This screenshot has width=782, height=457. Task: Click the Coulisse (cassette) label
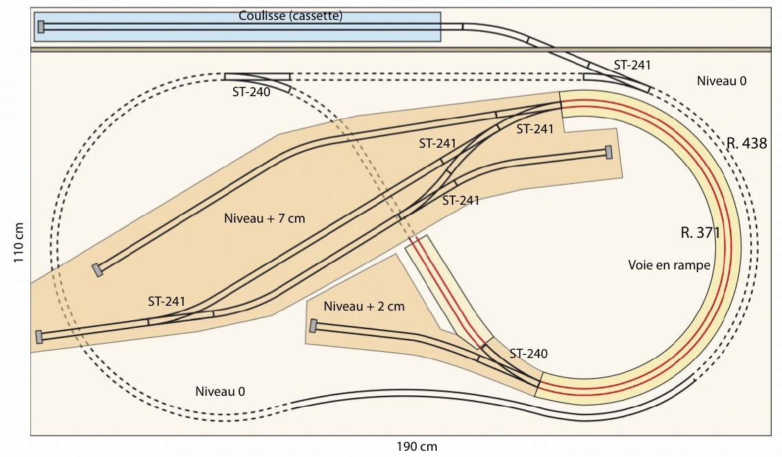[x=290, y=16]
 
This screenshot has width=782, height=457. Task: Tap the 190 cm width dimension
[x=416, y=447]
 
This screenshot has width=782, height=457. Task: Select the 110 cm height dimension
[x=19, y=243]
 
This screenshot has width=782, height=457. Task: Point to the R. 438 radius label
[x=746, y=144]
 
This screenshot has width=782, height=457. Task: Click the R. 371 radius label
[x=700, y=233]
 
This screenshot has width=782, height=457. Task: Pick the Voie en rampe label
[x=669, y=265]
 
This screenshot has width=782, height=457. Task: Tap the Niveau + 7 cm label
[x=264, y=219]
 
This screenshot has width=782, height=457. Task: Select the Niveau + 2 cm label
[x=364, y=306]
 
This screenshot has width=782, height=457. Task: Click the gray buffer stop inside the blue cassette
[x=41, y=27]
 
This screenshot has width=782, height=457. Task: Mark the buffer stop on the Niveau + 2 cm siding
[x=313, y=326]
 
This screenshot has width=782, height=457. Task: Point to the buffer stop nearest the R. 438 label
[x=609, y=152]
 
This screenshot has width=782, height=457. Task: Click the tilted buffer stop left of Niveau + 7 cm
[x=97, y=269]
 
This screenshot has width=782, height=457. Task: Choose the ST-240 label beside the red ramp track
[x=528, y=354]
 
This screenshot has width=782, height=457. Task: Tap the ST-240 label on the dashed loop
[x=251, y=92]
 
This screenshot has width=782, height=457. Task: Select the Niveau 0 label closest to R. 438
[x=721, y=80]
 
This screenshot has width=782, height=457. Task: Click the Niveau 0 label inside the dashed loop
[x=220, y=392]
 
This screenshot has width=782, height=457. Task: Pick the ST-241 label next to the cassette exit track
[x=632, y=65]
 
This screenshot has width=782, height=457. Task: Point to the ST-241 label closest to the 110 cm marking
[x=166, y=302]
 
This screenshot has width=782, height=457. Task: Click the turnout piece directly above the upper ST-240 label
[x=257, y=80]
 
